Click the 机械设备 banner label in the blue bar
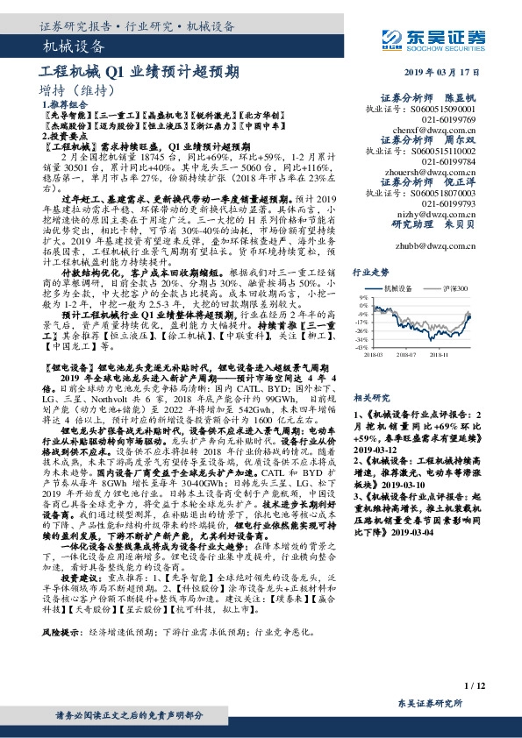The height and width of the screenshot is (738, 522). click(x=74, y=46)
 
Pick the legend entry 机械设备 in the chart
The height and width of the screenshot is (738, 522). click(x=399, y=288)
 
